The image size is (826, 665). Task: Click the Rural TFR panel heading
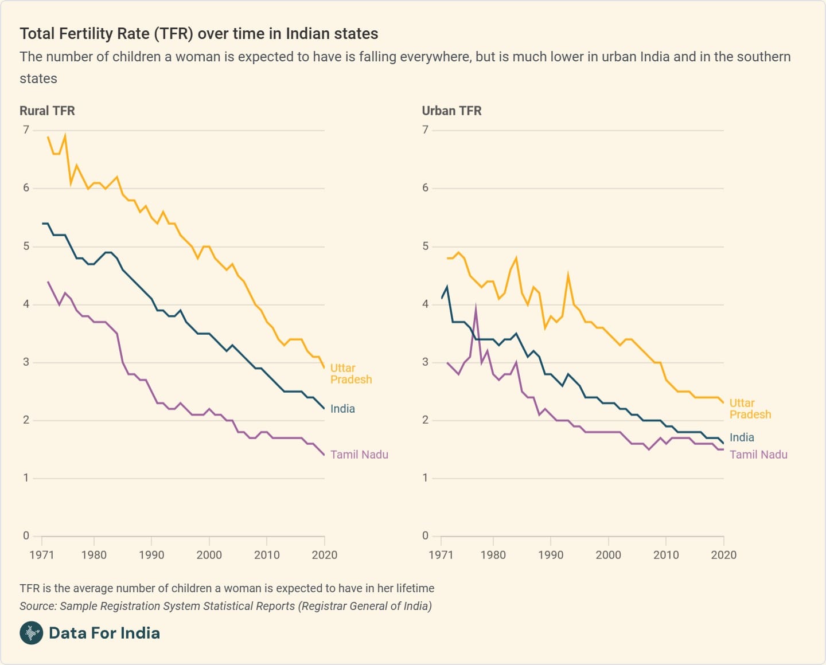pyautogui.click(x=47, y=111)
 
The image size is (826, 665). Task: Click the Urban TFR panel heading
pyautogui.click(x=451, y=111)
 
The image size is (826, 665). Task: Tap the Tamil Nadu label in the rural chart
pyautogui.click(x=359, y=455)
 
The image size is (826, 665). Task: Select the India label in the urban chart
pyautogui.click(x=742, y=437)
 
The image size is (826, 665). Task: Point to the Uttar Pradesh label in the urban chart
pyautogui.click(x=750, y=409)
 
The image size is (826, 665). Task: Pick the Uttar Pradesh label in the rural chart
pyautogui.click(x=350, y=374)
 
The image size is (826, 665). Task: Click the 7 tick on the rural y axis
pyautogui.click(x=26, y=130)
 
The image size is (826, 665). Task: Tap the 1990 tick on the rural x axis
pyautogui.click(x=151, y=555)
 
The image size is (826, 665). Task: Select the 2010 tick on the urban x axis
pyautogui.click(x=666, y=555)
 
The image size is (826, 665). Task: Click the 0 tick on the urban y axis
pyautogui.click(x=425, y=535)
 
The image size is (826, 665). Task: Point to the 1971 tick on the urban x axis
pyautogui.click(x=441, y=555)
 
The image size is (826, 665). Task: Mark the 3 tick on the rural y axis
pyautogui.click(x=26, y=362)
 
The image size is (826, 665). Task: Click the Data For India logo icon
pyautogui.click(x=32, y=633)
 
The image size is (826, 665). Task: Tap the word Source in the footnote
pyautogui.click(x=37, y=606)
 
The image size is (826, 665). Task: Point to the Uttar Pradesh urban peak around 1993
pyautogui.click(x=568, y=275)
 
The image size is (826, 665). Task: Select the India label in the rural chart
pyautogui.click(x=342, y=409)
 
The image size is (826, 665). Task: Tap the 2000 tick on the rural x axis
pyautogui.click(x=209, y=555)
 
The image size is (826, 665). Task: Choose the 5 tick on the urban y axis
pyautogui.click(x=425, y=247)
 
